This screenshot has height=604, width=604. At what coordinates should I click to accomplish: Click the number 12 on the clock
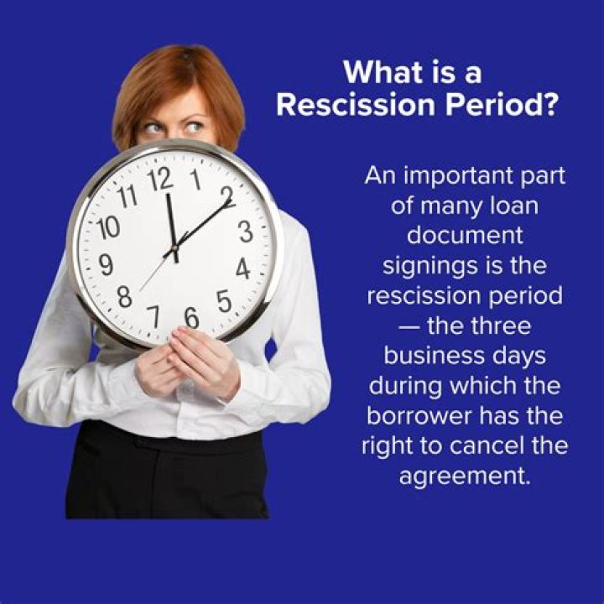tap(160, 180)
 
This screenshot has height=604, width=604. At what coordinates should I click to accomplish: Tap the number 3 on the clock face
tap(245, 232)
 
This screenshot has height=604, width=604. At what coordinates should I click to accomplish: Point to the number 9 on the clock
tap(106, 264)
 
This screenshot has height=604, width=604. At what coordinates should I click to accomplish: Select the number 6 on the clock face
tap(191, 318)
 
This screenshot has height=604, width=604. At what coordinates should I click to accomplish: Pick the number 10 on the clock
tap(108, 227)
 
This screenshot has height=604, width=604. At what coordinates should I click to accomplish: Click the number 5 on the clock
tap(224, 301)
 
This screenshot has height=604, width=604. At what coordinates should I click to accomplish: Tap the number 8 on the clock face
tap(125, 296)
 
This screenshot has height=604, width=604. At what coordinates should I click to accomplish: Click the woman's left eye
tap(195, 127)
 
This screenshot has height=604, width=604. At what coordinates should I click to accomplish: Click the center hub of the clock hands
tap(174, 247)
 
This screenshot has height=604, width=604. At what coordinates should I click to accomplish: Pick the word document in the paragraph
tap(465, 236)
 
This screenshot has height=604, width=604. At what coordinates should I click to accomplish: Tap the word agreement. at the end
tap(465, 477)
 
